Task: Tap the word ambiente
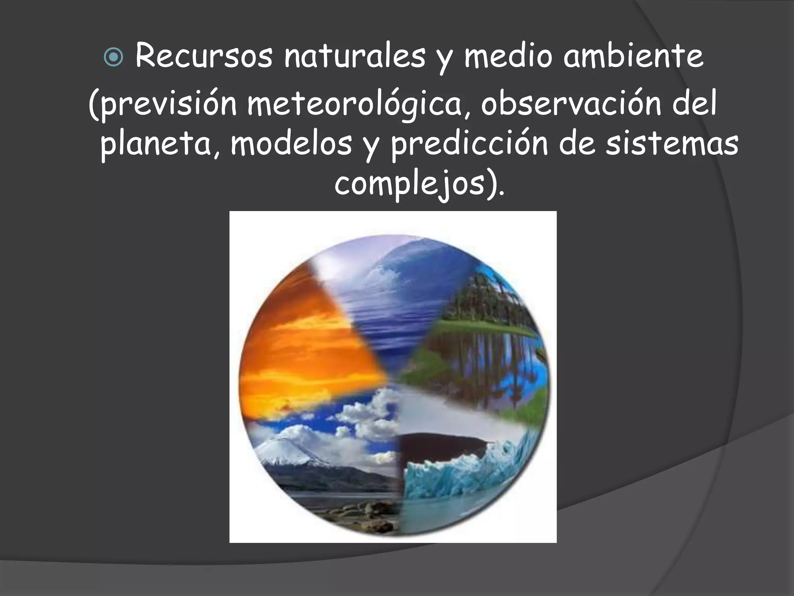tap(633, 56)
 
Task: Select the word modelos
tap(291, 144)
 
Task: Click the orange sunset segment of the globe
tap(306, 341)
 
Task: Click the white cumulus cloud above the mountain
tap(364, 419)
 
